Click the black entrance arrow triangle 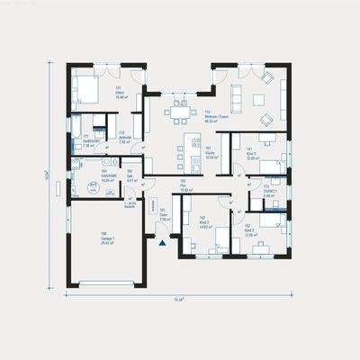point(162,242)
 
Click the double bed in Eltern point(86,87)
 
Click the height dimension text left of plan point(58,176)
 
